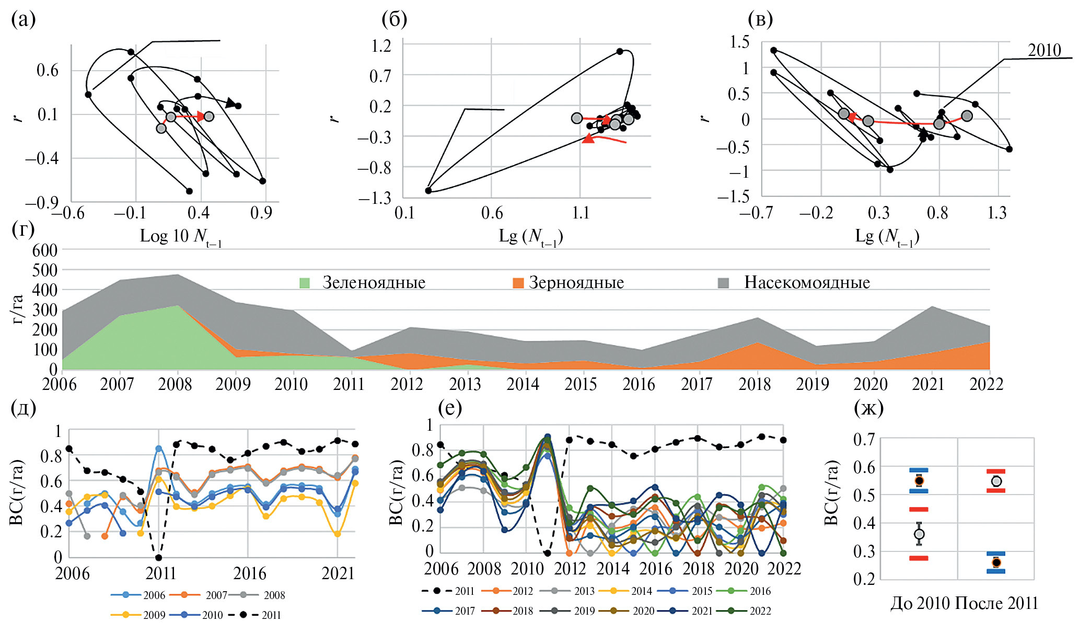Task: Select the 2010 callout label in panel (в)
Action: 1044,50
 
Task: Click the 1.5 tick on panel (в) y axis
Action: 739,42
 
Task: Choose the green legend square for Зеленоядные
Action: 304,283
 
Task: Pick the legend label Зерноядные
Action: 576,283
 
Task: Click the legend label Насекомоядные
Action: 807,282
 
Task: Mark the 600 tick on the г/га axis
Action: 45,250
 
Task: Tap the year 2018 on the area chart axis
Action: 755,384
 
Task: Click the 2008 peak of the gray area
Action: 177,274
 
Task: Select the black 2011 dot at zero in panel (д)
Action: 159,558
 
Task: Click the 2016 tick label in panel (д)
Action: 249,573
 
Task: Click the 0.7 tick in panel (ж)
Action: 864,439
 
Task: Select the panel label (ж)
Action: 868,408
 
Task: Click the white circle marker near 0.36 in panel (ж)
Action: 919,534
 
